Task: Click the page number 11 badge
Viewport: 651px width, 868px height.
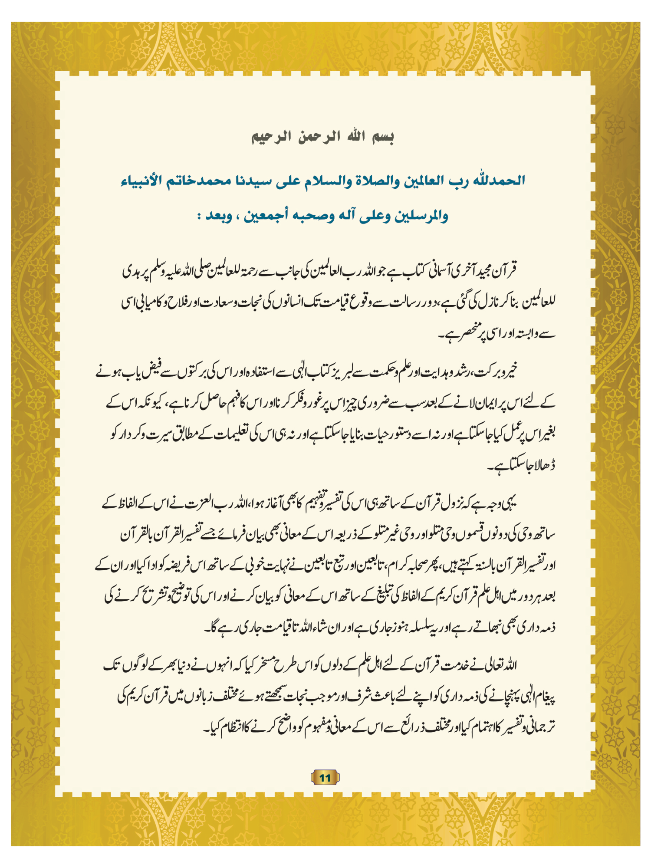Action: (325, 777)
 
